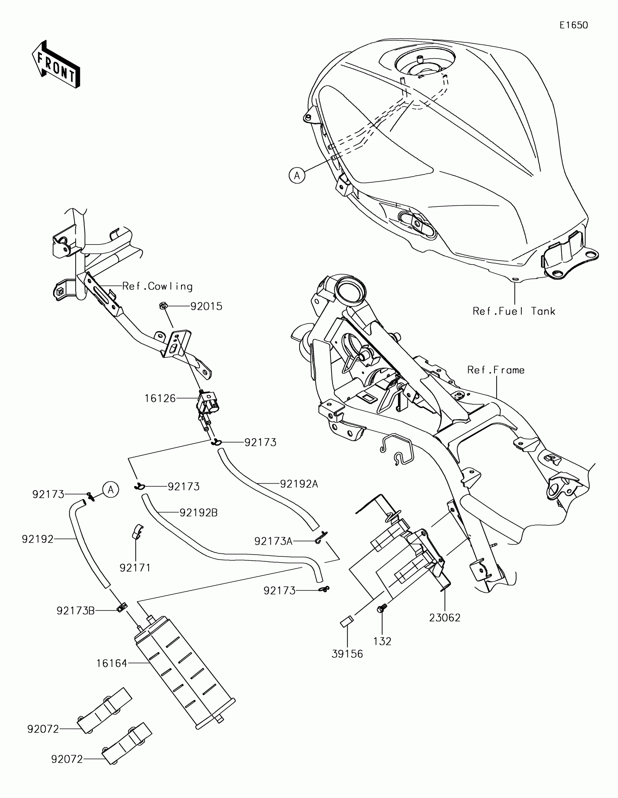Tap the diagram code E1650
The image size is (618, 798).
(573, 25)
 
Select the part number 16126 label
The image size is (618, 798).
(160, 398)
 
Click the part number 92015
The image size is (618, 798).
(206, 306)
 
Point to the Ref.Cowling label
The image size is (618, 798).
(157, 286)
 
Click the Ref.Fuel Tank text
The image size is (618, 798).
(514, 311)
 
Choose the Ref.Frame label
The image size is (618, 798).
(496, 370)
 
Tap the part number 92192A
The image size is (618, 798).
(299, 484)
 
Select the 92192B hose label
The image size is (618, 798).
(198, 513)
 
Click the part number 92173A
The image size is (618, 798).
(273, 541)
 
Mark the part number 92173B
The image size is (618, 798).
(76, 610)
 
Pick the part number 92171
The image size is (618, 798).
(135, 568)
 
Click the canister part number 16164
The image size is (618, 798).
(112, 663)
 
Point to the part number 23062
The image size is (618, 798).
(445, 618)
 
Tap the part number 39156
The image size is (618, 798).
(347, 654)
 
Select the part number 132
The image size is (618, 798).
(382, 641)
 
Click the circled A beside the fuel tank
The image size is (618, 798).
(297, 176)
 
